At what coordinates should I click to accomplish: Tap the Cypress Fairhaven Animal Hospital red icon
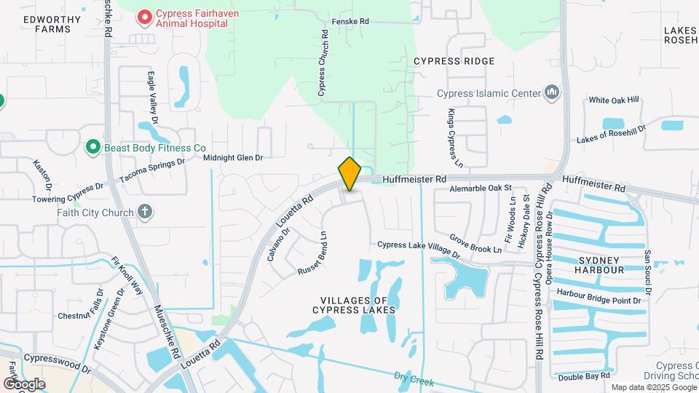coord(145,15)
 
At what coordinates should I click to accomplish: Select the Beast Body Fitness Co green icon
coord(92,148)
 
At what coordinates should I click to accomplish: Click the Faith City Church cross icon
coord(145,213)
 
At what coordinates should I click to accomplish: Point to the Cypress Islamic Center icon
coord(553,92)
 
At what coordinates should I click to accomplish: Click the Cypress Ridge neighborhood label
coord(454,61)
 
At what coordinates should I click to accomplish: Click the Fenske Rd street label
coord(351,22)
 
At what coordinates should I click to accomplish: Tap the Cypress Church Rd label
coord(323,65)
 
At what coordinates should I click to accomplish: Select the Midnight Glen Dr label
coord(232,157)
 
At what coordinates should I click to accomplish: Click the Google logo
coord(24,384)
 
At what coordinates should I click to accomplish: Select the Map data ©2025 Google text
coord(652,387)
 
